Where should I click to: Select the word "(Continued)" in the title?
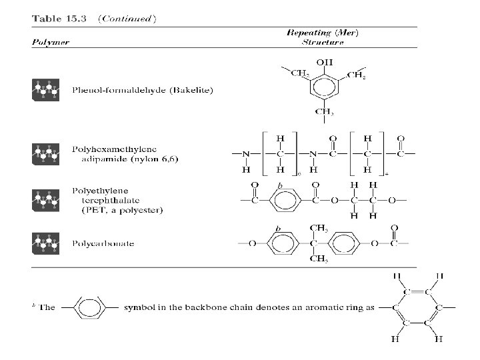pyautogui.click(x=127, y=18)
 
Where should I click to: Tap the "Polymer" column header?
pyautogui.click(x=50, y=42)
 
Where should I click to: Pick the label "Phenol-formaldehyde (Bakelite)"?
pyautogui.click(x=142, y=90)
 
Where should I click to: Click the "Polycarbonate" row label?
pyautogui.click(x=103, y=243)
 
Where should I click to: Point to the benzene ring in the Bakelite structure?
pyautogui.click(x=324, y=87)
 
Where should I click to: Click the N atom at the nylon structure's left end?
pyautogui.click(x=246, y=153)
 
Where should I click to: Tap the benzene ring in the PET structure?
pyautogui.click(x=283, y=198)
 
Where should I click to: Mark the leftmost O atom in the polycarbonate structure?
pyautogui.click(x=252, y=243)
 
